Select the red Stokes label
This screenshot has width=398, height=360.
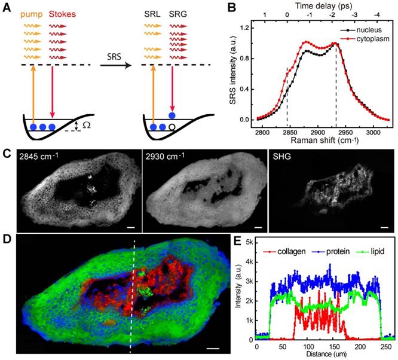point(62,13)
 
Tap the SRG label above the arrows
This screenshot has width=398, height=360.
point(179,13)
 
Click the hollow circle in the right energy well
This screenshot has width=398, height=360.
point(172,127)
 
